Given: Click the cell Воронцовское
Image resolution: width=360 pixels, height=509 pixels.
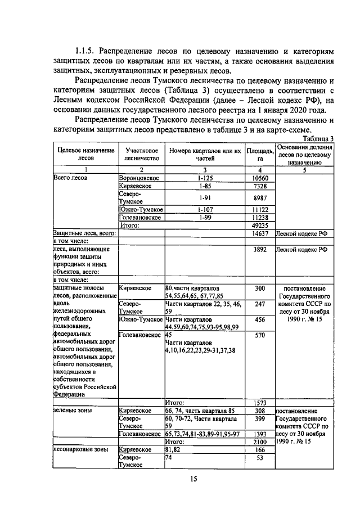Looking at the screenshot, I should click(x=139, y=178).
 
